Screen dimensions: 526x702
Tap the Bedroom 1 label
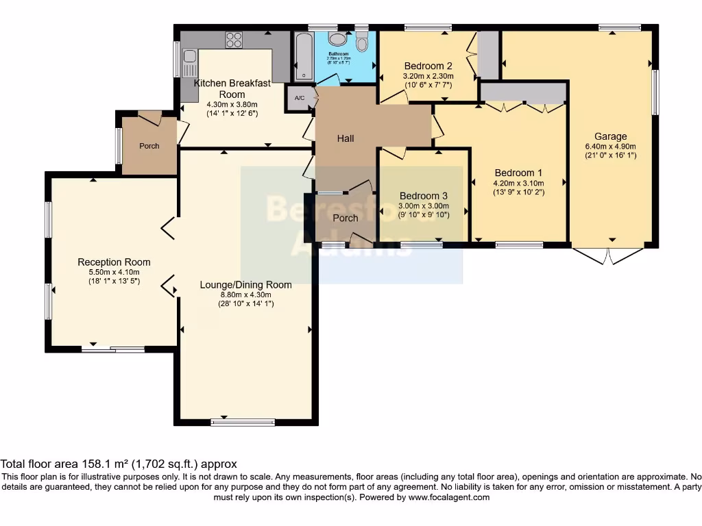tap(518, 173)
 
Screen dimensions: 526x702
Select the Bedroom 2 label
tap(428, 66)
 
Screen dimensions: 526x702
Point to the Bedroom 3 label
tap(424, 195)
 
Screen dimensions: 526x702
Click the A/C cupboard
tap(300, 99)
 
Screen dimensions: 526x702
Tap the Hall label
tap(346, 138)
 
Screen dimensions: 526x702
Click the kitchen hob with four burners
tap(234, 40)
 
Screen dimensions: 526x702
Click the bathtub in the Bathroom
tap(302, 56)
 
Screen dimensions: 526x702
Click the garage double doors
tap(608, 255)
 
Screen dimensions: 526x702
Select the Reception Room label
tap(114, 262)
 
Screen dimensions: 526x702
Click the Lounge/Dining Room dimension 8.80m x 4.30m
tap(245, 295)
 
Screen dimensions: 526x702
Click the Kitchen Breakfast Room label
tap(232, 88)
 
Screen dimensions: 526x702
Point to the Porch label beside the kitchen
tap(149, 146)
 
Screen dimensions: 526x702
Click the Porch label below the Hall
tap(346, 218)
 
